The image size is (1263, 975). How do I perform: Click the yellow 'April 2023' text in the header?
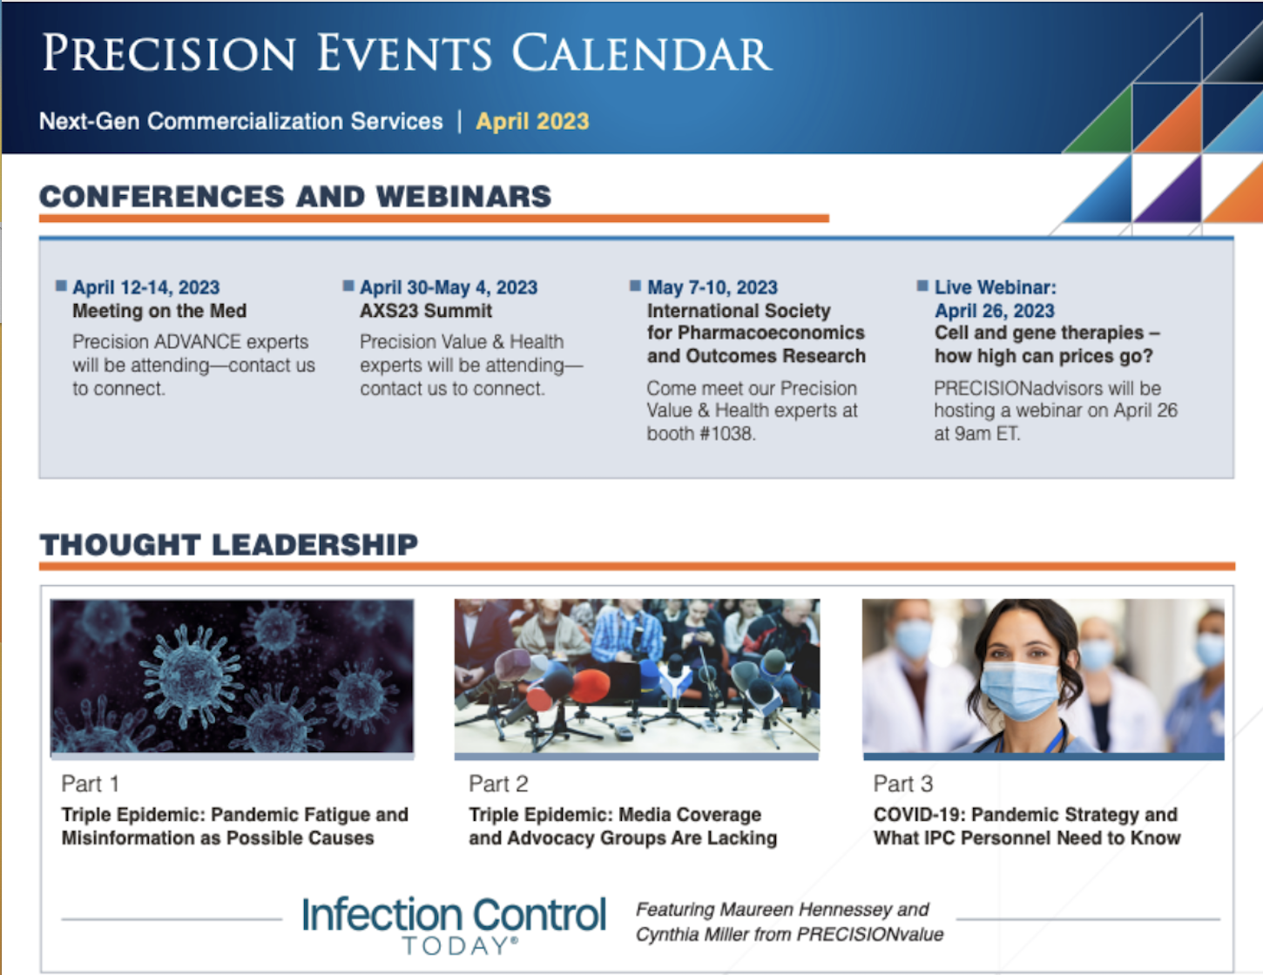coord(532,121)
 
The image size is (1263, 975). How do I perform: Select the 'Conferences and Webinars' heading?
coord(295,196)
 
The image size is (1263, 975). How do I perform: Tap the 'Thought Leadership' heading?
coord(228,545)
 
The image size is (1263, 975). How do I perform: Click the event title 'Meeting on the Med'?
coord(159,311)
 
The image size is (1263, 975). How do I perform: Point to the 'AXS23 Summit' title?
coord(426,311)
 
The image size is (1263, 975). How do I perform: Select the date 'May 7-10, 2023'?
coord(713,287)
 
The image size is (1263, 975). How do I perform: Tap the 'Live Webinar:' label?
coord(996,287)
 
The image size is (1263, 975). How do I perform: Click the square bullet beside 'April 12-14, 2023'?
coord(61,286)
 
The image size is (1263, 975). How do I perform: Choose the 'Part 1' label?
coord(90,783)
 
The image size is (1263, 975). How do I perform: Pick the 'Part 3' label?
coord(903,783)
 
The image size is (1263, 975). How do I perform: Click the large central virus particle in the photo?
coord(191,676)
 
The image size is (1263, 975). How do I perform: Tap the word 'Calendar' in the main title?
coord(642,53)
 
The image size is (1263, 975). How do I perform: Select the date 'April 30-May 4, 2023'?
coord(449,287)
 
